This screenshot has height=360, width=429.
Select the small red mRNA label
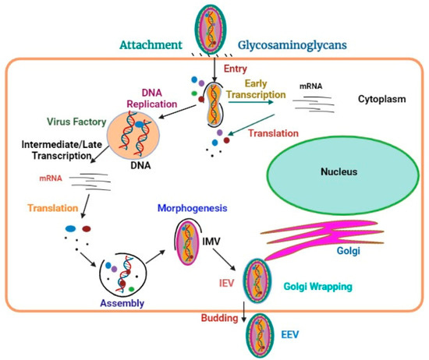(x=50, y=179)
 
